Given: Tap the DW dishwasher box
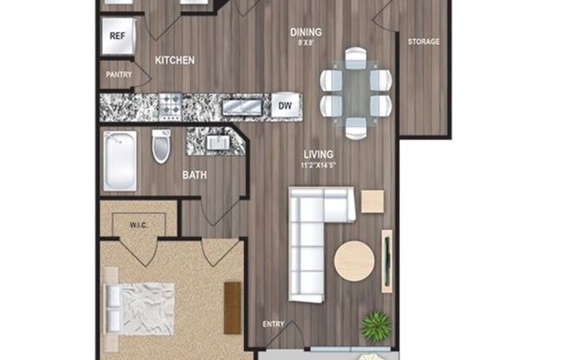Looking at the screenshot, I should (284, 106).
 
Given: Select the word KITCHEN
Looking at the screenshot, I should (174, 61).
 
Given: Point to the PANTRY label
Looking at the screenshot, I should (119, 74).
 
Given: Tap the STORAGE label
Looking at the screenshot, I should (424, 42).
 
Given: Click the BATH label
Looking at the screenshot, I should (194, 176).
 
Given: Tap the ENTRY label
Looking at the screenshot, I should (273, 325).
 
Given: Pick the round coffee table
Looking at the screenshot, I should (355, 260).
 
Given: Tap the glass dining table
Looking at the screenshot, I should (356, 93).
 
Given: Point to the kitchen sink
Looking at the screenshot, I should (243, 106).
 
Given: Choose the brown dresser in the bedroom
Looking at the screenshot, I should (232, 307).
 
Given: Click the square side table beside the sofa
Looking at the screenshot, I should (372, 201).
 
